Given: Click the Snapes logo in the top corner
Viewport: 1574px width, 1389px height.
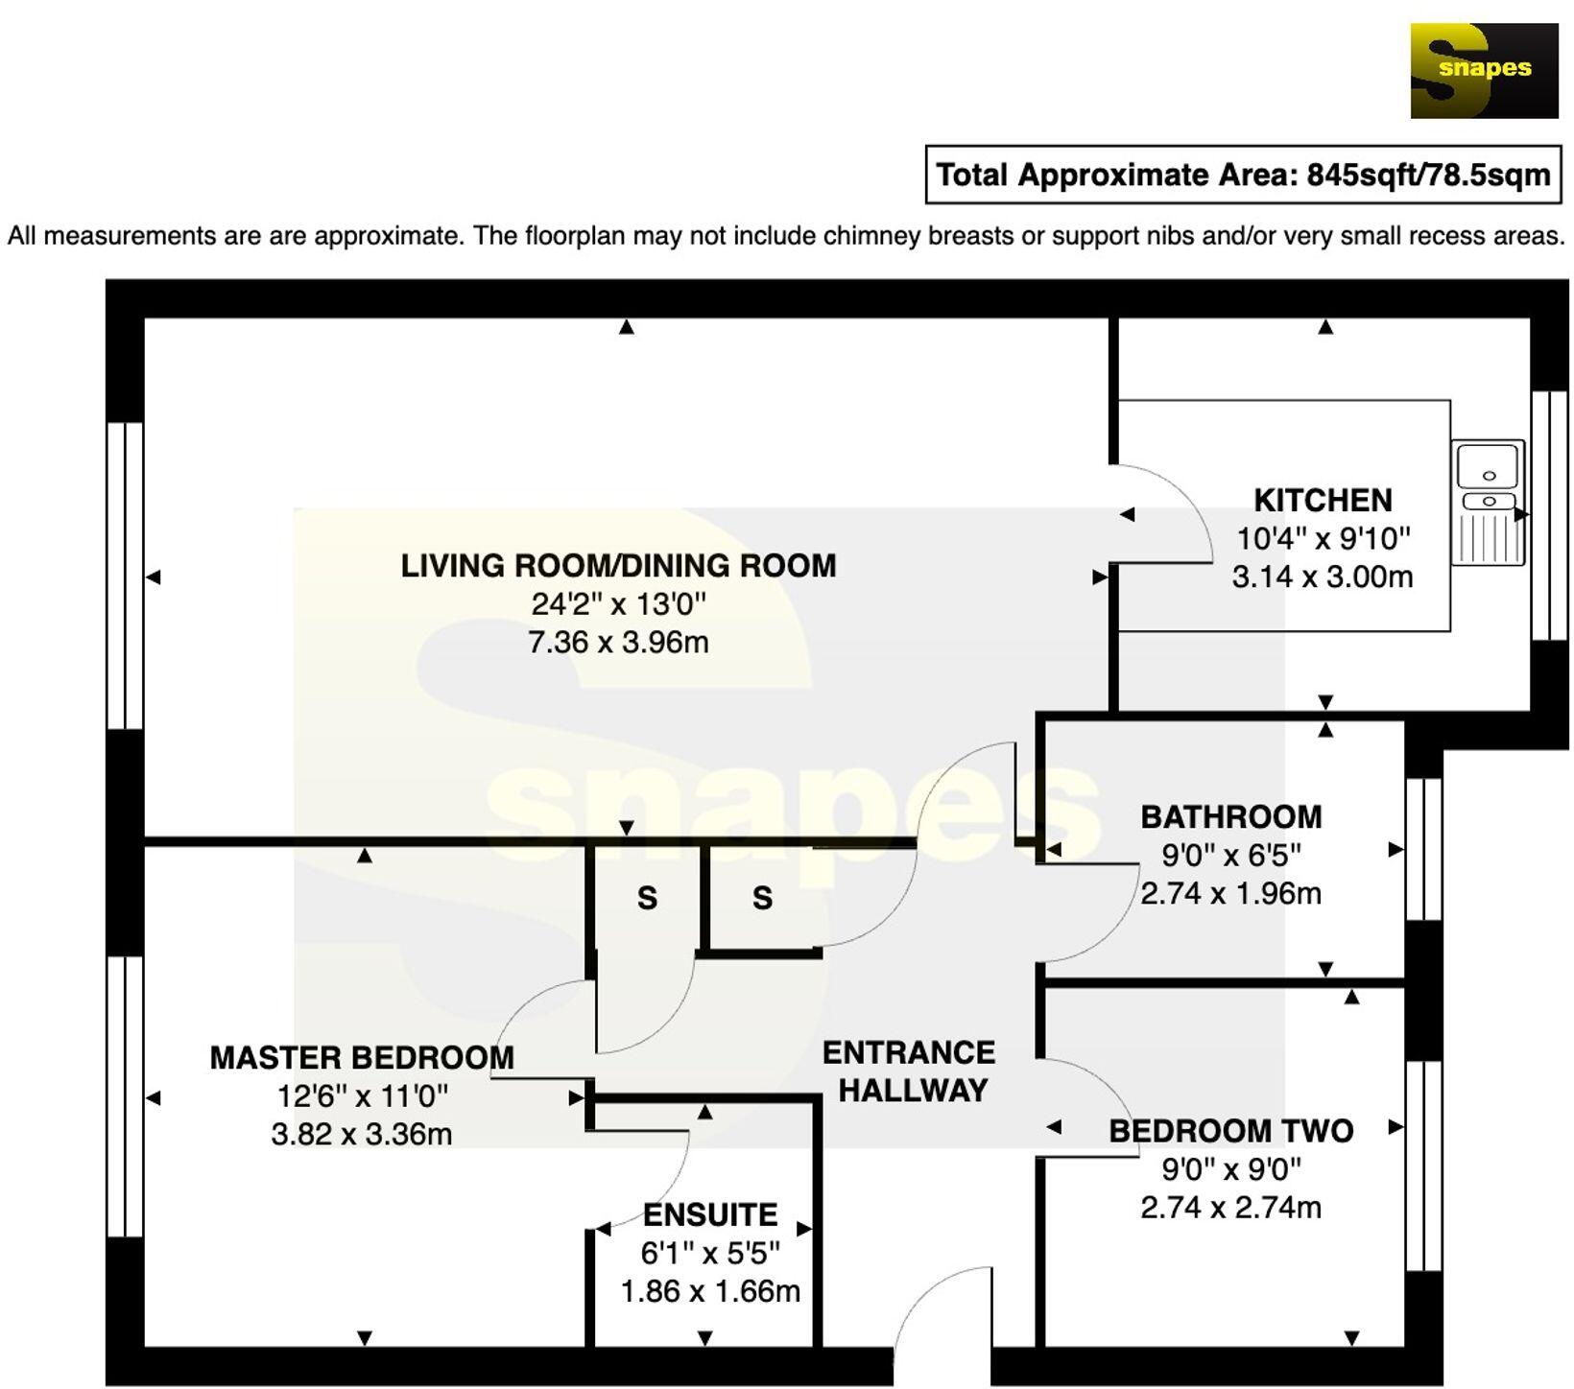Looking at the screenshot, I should tap(1484, 71).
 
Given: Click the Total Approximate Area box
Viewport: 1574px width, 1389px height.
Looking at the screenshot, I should tap(1243, 175).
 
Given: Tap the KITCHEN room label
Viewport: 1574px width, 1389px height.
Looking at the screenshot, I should tap(1323, 501).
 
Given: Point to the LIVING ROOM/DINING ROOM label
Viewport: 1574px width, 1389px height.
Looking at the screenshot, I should tap(618, 566).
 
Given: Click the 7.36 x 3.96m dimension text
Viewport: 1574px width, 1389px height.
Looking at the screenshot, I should tap(618, 642).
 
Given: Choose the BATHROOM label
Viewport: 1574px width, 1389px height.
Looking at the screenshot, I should tap(1230, 817).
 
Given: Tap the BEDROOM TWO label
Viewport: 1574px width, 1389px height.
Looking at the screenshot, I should tap(1230, 1131).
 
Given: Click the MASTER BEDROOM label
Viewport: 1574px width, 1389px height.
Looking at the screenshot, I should tap(362, 1058).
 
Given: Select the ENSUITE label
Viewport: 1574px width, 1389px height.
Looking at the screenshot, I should tap(710, 1215).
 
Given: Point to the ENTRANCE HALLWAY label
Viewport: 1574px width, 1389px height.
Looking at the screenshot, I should tap(909, 1071).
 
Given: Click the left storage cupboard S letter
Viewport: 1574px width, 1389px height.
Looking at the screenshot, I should tap(647, 899).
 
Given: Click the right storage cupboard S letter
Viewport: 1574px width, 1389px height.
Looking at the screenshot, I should tap(762, 899).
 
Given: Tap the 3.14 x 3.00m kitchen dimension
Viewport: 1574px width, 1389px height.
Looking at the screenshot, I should tap(1323, 577).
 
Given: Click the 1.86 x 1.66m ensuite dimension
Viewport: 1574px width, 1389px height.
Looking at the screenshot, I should tap(710, 1292).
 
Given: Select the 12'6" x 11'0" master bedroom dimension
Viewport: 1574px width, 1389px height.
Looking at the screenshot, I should tap(362, 1095).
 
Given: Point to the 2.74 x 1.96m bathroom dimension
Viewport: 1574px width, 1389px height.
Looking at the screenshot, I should tap(1230, 894).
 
